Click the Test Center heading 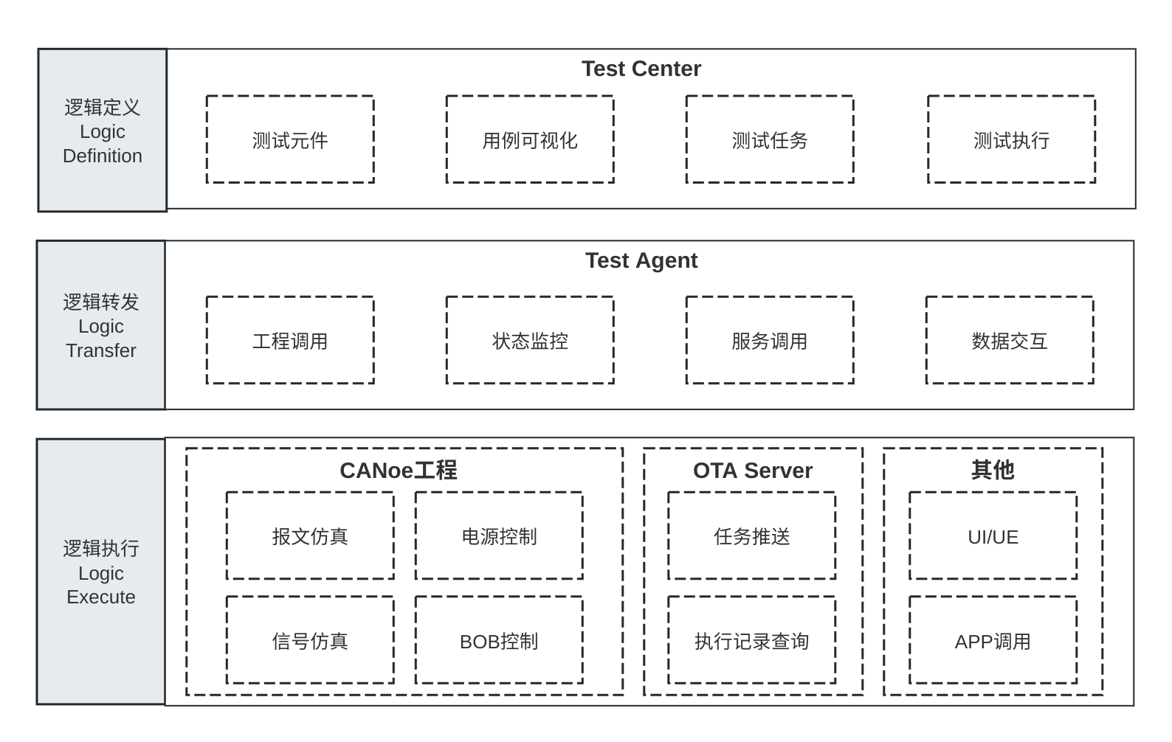[641, 69]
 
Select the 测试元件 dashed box [290, 139]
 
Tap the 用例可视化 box [529, 139]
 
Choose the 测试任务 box [769, 139]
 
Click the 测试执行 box [1010, 139]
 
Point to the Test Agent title [641, 260]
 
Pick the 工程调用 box [290, 341]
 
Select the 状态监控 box [529, 341]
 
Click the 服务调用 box [769, 341]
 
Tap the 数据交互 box [1009, 341]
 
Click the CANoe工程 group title [398, 471]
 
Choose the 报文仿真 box [309, 536]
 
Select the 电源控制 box [498, 536]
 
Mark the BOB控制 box [498, 641]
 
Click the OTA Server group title [752, 471]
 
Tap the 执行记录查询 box [751, 641]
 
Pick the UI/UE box [992, 536]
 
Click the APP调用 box [992, 641]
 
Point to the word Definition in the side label [102, 156]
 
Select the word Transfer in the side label [100, 351]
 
